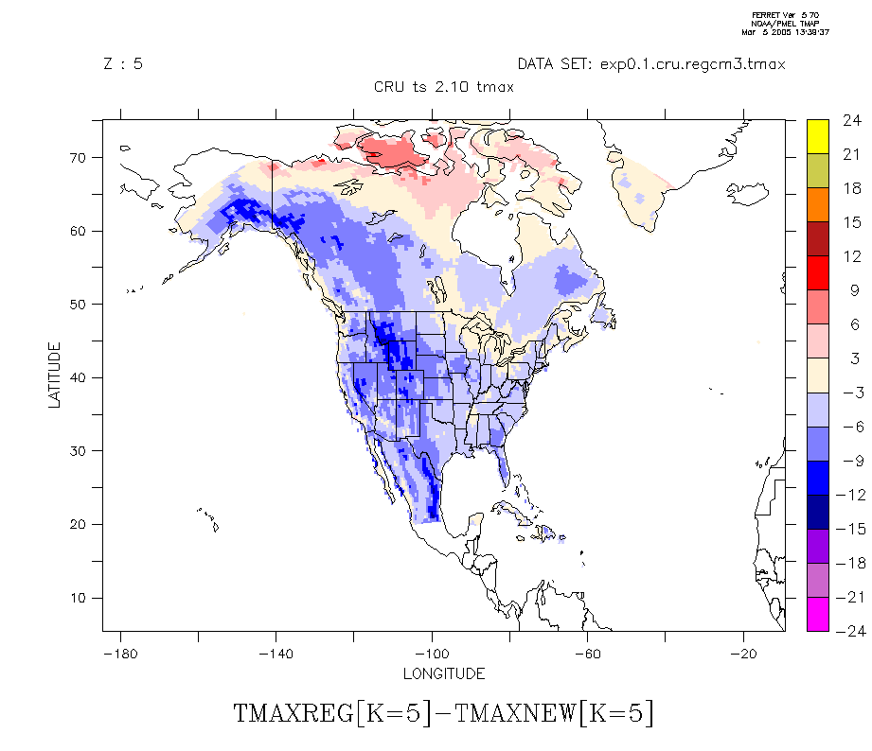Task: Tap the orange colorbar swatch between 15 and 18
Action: tap(817, 204)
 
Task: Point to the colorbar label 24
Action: tap(851, 120)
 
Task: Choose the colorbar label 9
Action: tap(851, 290)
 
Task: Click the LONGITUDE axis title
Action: tap(444, 673)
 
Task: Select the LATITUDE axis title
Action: tap(54, 375)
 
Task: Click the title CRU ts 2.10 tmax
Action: tap(444, 87)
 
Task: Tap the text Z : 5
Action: tap(122, 64)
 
